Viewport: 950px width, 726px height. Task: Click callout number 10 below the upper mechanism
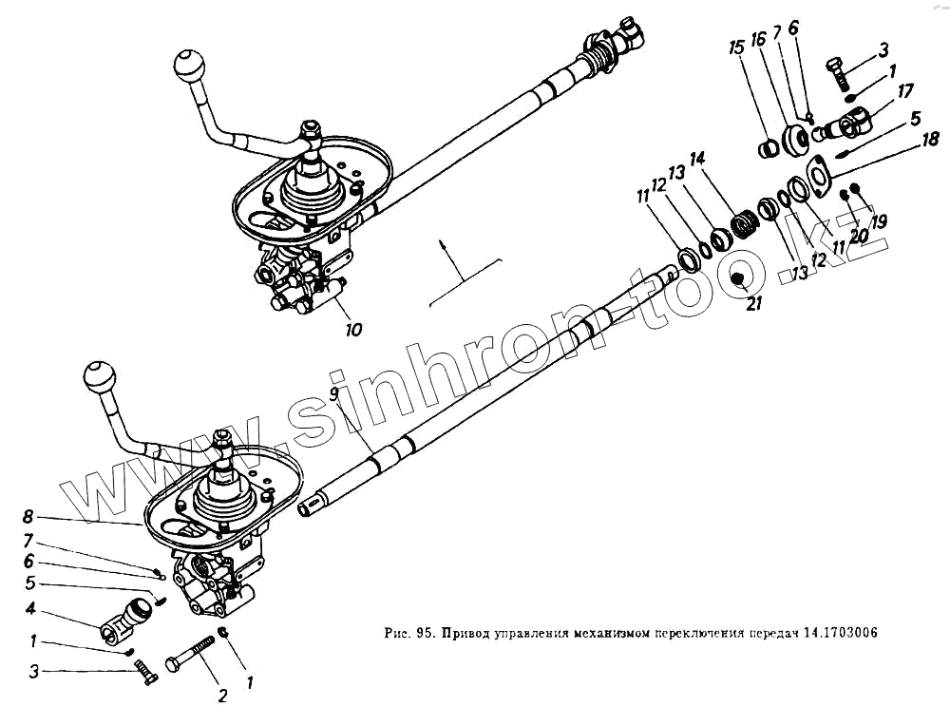(353, 331)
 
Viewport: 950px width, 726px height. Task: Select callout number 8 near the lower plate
(28, 518)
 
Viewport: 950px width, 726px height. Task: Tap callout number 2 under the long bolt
(222, 696)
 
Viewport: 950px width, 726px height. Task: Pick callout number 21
(753, 304)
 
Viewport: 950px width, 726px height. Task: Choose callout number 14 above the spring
(697, 158)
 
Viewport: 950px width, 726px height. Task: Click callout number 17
(905, 91)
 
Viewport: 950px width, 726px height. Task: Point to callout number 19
(879, 222)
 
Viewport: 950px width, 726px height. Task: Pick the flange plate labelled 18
(818, 176)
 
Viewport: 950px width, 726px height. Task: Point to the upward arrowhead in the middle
(443, 246)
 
